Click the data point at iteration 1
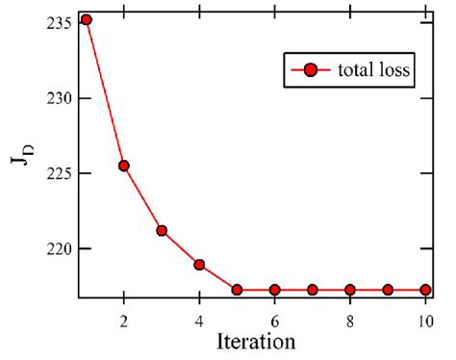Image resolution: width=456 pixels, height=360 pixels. click(x=87, y=19)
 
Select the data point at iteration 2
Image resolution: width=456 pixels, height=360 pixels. click(x=124, y=166)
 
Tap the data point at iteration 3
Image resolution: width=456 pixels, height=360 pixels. click(x=162, y=230)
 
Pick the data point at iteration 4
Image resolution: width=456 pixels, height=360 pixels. click(x=199, y=265)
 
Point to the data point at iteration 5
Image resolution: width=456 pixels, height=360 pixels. click(x=237, y=290)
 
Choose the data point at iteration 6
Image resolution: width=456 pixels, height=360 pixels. click(x=274, y=290)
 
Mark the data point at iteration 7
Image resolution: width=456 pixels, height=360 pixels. click(x=312, y=290)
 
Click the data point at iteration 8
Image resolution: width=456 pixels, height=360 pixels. click(x=350, y=290)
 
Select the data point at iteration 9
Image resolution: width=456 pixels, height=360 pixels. click(x=388, y=290)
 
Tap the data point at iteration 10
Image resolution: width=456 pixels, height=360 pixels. click(x=425, y=290)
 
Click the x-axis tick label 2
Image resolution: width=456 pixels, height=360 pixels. click(x=124, y=318)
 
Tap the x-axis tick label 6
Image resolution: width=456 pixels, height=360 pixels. click(x=274, y=318)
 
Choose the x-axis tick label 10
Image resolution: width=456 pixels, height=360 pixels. click(x=424, y=318)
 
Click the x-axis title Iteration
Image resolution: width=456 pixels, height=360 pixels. click(x=254, y=341)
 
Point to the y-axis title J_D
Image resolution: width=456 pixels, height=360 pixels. click(x=20, y=158)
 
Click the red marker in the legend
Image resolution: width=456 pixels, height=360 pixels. click(x=309, y=71)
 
